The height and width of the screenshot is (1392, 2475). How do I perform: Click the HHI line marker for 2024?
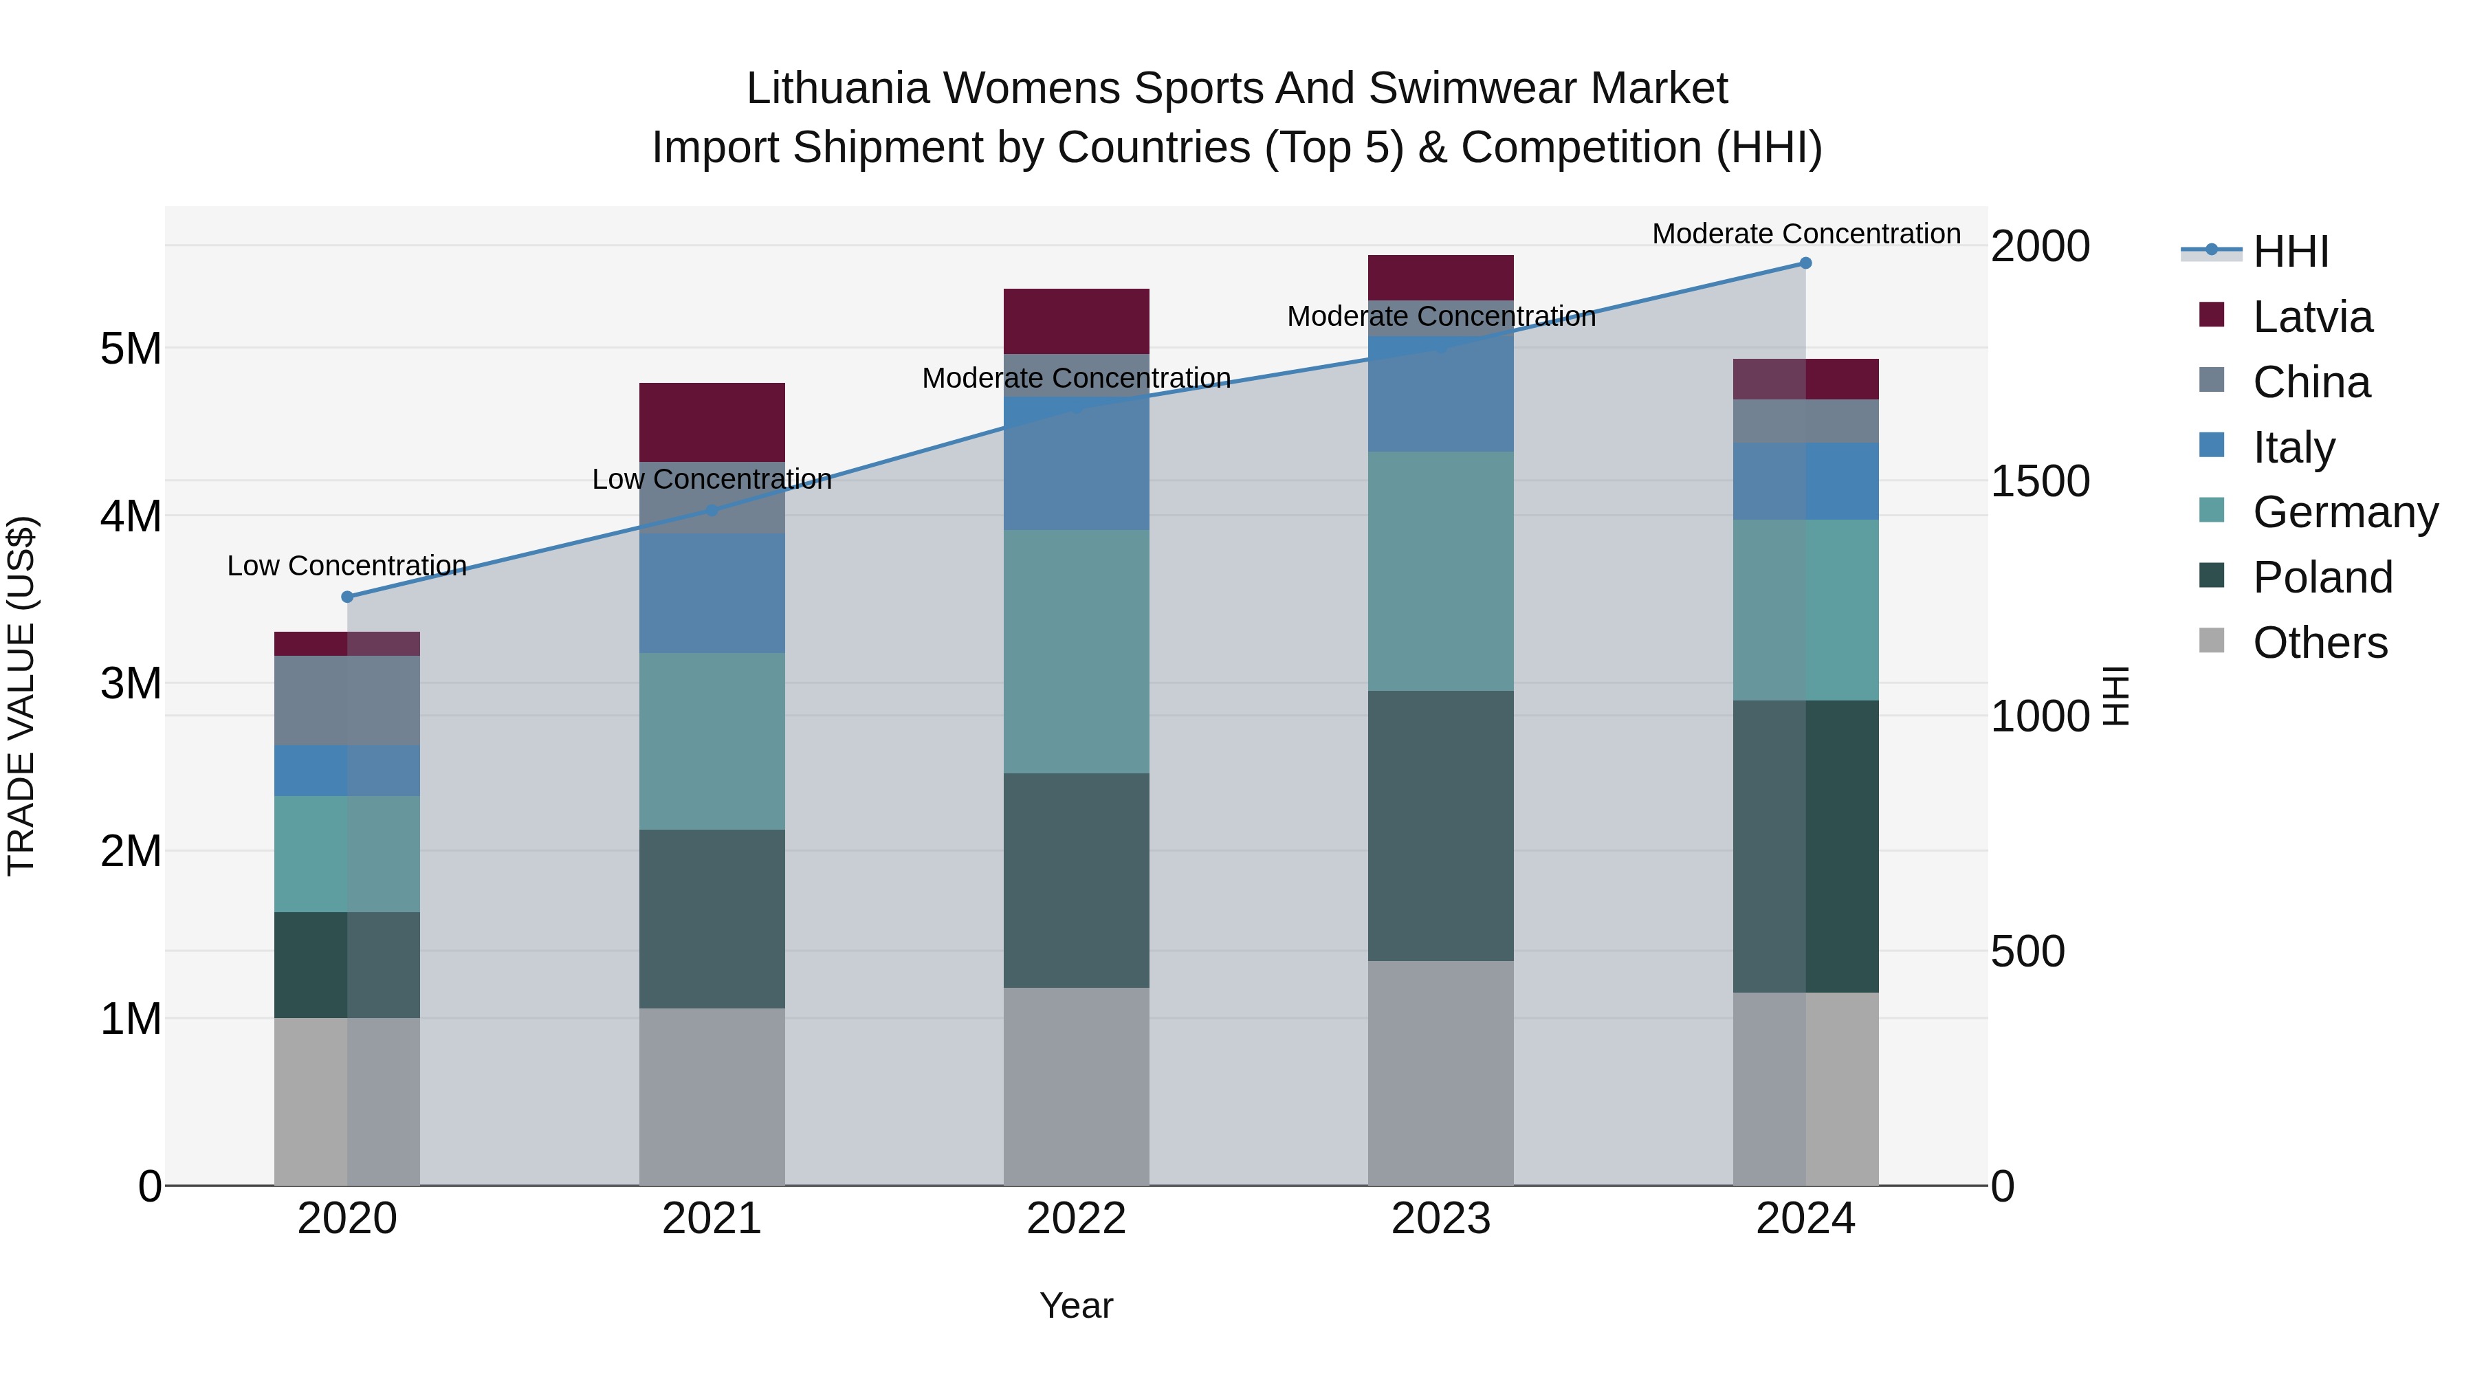pos(1805,263)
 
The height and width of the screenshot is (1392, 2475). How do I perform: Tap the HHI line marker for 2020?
pos(348,597)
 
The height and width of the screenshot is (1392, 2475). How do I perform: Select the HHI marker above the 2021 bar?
pos(712,510)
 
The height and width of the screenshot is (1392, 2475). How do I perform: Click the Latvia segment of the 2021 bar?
pos(712,422)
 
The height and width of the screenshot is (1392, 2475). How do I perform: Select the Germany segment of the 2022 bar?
pos(1076,652)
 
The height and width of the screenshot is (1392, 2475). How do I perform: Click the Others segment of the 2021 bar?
pos(712,1096)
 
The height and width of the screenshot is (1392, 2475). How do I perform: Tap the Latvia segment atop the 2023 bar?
pos(1440,278)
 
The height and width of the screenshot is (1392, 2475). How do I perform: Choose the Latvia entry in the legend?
pos(2311,317)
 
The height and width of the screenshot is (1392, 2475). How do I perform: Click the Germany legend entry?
pos(2344,512)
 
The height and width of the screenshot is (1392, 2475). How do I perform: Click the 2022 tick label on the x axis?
pos(1076,1219)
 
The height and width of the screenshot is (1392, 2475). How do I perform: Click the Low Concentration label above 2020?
pos(347,566)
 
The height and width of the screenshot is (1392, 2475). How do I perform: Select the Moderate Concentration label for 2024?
pos(1806,234)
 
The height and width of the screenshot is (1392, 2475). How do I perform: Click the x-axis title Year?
pos(1076,1305)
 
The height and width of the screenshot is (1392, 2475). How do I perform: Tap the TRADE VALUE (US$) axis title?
pos(21,696)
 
